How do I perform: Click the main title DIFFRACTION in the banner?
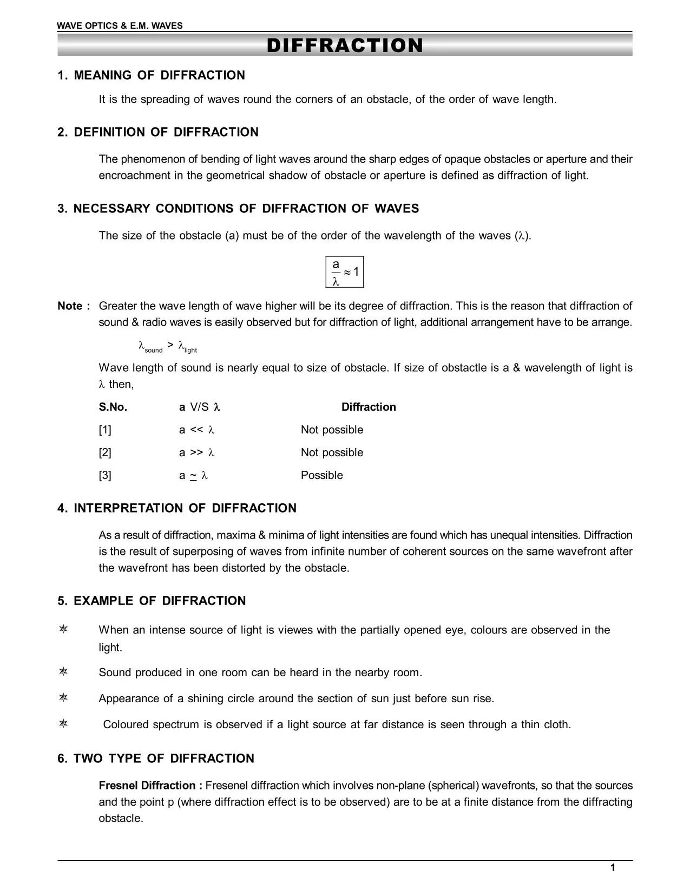pos(345,46)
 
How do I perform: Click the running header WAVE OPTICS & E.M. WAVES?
pos(120,25)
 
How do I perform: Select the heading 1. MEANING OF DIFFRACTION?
pos(151,75)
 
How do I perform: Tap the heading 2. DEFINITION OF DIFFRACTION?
pos(158,132)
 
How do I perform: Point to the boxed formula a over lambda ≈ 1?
pos(345,272)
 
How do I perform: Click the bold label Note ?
pos(74,306)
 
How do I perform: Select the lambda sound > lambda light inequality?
pos(167,347)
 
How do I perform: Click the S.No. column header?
pos(113,407)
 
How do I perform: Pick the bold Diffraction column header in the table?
pos(369,407)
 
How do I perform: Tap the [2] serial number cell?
pos(105,452)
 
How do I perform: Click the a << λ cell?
pos(197,430)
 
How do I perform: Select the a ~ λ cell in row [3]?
pos(193,475)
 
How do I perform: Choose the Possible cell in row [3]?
pos(321,475)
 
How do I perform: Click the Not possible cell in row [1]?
pos(332,430)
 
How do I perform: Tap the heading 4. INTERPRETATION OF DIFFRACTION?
pos(177,508)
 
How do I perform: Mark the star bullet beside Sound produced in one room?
pos(63,672)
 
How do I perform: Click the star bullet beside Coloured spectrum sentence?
pos(63,724)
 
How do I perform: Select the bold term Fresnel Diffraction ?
pos(150,786)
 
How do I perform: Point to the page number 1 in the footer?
pos(613,868)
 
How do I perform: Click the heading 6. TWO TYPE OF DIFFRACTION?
pos(156,759)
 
